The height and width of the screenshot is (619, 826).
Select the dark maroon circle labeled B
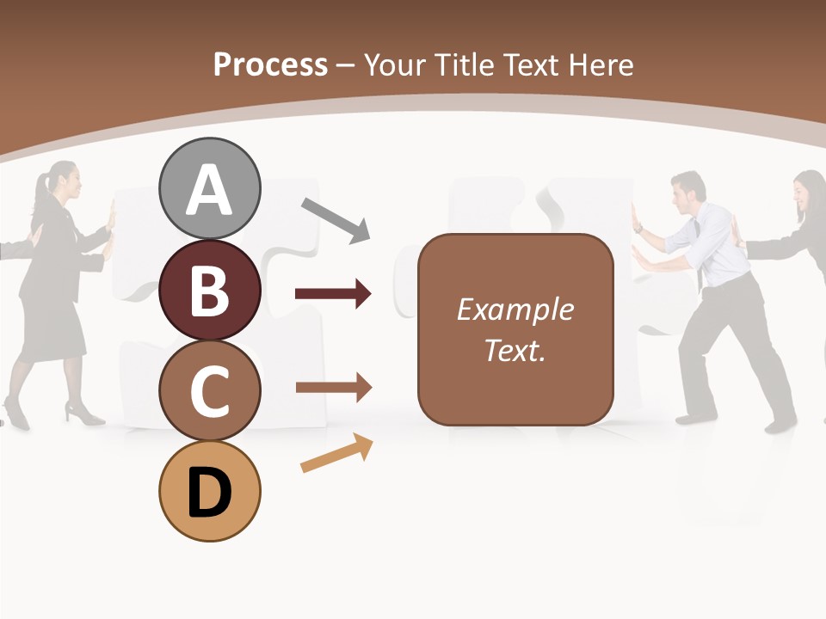click(x=209, y=290)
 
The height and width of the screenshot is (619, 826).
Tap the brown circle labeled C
click(x=209, y=390)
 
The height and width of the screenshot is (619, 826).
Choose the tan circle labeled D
click(x=209, y=491)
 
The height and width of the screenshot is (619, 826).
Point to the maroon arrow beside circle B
click(x=333, y=294)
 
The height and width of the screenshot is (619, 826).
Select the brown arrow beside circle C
click(x=333, y=388)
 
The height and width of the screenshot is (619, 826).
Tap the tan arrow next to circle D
click(x=336, y=454)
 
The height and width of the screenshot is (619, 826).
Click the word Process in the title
click(x=270, y=64)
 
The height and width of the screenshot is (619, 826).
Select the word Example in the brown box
click(x=515, y=309)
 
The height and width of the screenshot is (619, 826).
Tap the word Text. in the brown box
click(x=515, y=351)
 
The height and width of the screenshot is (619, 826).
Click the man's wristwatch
click(x=638, y=229)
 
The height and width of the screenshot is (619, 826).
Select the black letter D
click(x=209, y=494)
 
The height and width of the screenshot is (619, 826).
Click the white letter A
click(x=209, y=191)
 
